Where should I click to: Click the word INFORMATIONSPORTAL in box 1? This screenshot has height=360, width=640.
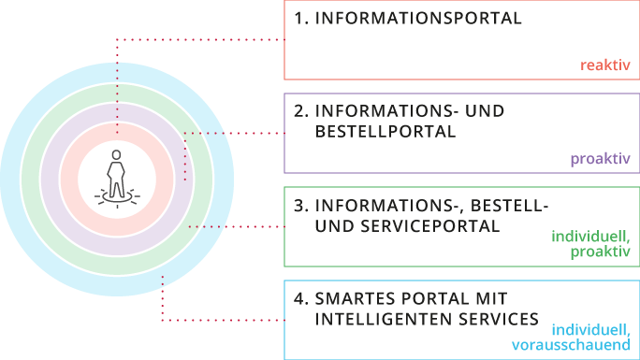pyautogui.click(x=418, y=19)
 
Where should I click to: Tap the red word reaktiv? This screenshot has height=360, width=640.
pyautogui.click(x=605, y=65)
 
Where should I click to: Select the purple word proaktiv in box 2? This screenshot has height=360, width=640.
pyautogui.click(x=601, y=159)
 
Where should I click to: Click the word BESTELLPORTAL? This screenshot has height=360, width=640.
pyautogui.click(x=385, y=132)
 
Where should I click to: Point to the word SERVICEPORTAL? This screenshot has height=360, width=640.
pyautogui.click(x=430, y=226)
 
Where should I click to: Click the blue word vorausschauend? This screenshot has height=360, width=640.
pyautogui.click(x=571, y=345)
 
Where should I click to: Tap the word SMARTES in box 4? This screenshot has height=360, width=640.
pyautogui.click(x=355, y=299)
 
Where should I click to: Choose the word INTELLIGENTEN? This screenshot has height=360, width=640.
pyautogui.click(x=384, y=319)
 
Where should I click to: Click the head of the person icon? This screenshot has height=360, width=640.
pyautogui.click(x=117, y=155)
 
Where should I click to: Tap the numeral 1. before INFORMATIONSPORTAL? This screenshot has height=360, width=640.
pyautogui.click(x=300, y=19)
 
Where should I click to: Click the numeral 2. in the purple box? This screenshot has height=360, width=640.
pyautogui.click(x=300, y=111)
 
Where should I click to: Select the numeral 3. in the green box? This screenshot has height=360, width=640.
pyautogui.click(x=300, y=206)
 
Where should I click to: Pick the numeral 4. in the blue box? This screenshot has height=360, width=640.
pyautogui.click(x=300, y=299)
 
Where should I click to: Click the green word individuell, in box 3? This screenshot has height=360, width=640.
pyautogui.click(x=590, y=236)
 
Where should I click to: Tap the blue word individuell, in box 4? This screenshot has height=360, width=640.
pyautogui.click(x=590, y=329)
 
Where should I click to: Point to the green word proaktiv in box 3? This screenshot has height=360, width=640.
pyautogui.click(x=601, y=252)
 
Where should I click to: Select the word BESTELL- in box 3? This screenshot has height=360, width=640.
pyautogui.click(x=509, y=206)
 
